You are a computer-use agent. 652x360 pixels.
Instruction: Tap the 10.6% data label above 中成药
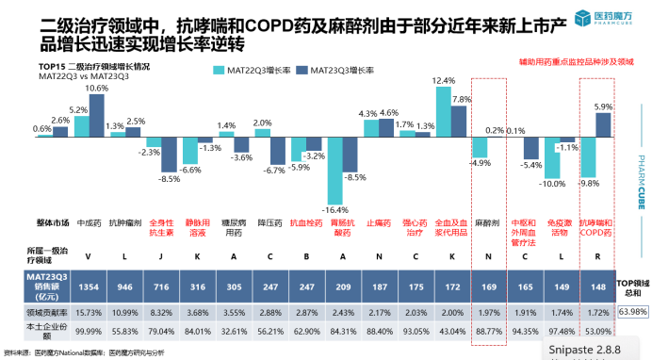[x=97, y=88]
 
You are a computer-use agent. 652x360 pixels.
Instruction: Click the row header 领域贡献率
[x=30, y=311]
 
